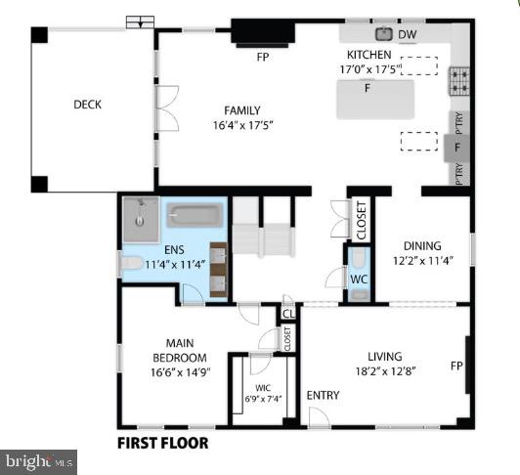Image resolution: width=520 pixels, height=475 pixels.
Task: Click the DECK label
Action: (x=87, y=106)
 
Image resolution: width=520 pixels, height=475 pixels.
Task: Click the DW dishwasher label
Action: (x=408, y=36)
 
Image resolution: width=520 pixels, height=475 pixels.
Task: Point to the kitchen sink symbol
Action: (x=383, y=35)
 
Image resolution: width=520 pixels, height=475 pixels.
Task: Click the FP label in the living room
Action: (x=455, y=367)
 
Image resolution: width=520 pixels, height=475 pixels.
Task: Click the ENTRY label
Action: (x=323, y=396)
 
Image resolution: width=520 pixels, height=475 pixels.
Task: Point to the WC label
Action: (x=359, y=280)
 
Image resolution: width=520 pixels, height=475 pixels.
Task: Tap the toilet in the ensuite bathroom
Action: (x=131, y=263)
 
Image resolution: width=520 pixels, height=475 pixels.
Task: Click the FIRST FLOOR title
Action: (x=162, y=442)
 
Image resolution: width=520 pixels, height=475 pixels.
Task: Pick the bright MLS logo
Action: (x=40, y=459)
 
